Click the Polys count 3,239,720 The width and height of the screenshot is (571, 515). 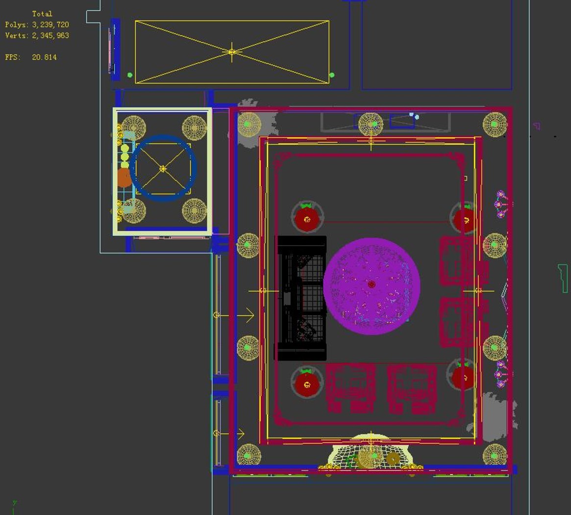point(50,25)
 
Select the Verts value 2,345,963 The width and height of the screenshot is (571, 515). point(50,36)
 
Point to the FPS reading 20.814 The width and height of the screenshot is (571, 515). point(44,57)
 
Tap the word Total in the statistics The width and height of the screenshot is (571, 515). point(42,14)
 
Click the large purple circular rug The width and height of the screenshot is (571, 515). point(372,286)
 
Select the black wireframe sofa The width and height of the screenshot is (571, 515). point(301,298)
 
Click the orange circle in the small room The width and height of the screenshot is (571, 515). point(124,178)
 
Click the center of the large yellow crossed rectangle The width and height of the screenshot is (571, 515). point(232,52)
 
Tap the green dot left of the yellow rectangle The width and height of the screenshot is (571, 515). point(130,75)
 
